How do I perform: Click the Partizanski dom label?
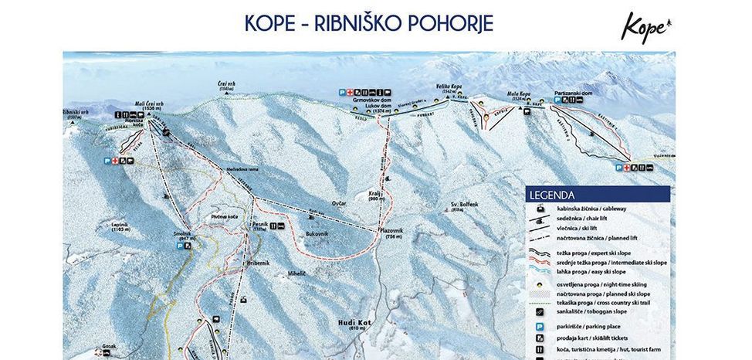[x=572, y=93]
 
